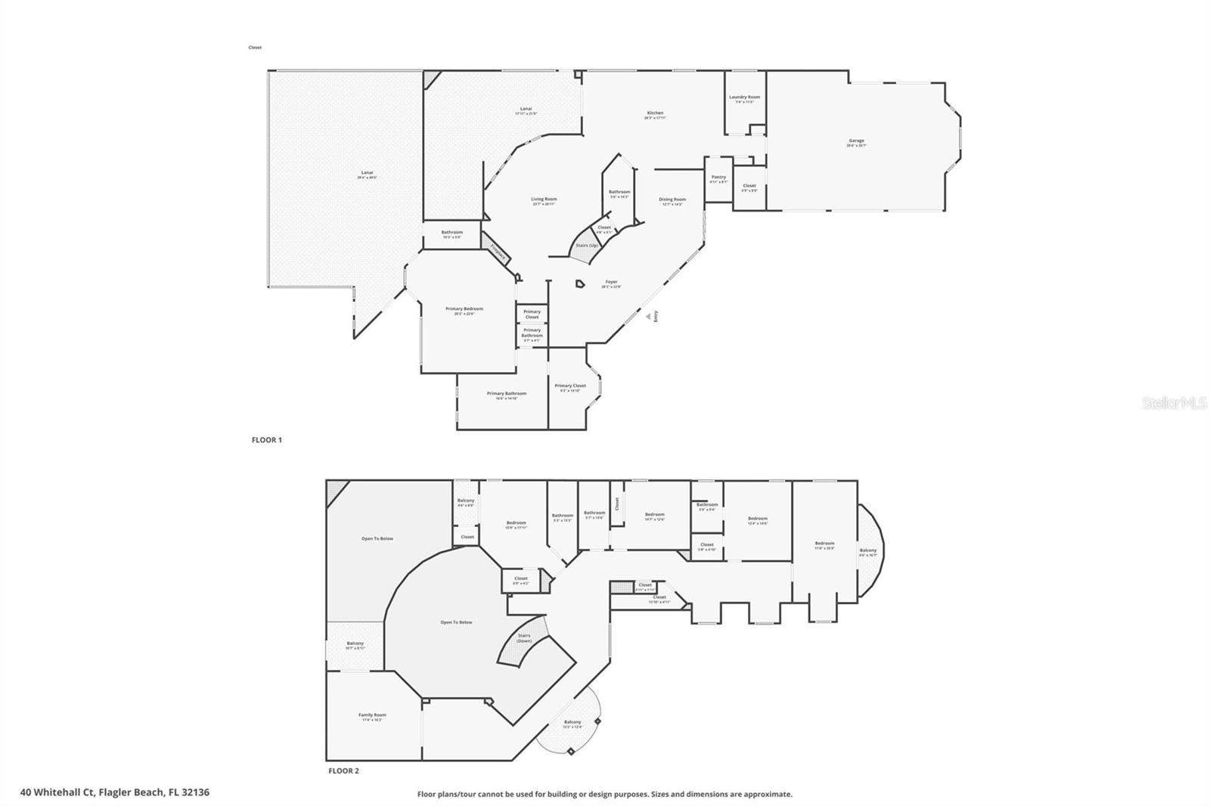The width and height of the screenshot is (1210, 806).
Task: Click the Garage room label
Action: tap(856, 141)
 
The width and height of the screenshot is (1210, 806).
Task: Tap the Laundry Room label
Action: tap(744, 98)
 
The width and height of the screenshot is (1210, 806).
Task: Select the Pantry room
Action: tap(718, 179)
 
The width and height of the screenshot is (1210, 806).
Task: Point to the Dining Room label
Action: tap(672, 201)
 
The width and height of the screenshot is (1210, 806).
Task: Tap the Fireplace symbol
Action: tap(497, 250)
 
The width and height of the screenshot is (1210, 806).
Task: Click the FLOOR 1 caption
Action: tap(266, 439)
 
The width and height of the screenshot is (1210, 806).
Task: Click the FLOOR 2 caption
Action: tap(343, 771)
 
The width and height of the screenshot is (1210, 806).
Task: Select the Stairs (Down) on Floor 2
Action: tap(524, 638)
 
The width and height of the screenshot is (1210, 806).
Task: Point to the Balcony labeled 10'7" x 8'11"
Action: tap(355, 645)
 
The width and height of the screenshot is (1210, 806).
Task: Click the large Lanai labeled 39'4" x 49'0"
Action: tap(367, 175)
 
